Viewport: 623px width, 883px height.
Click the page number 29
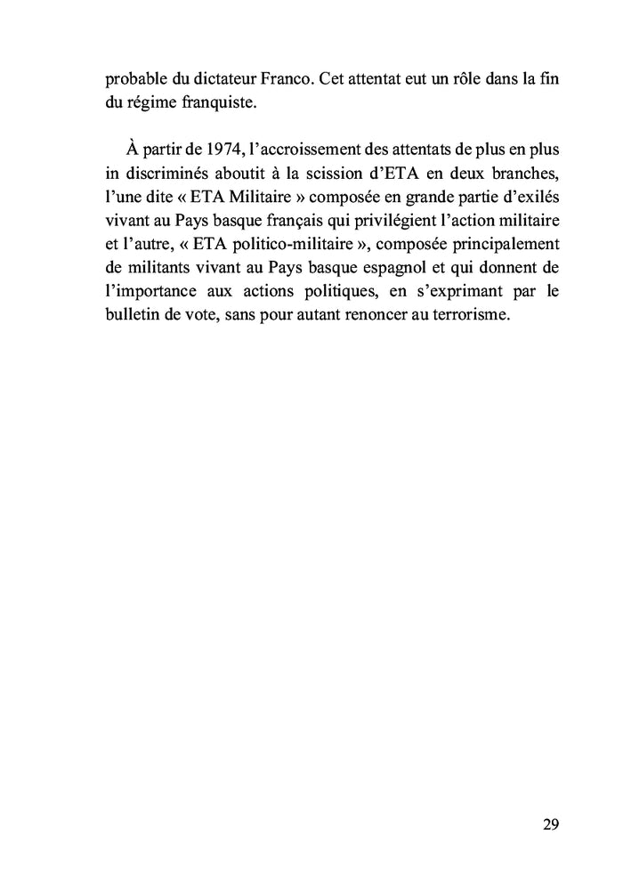(550, 824)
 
